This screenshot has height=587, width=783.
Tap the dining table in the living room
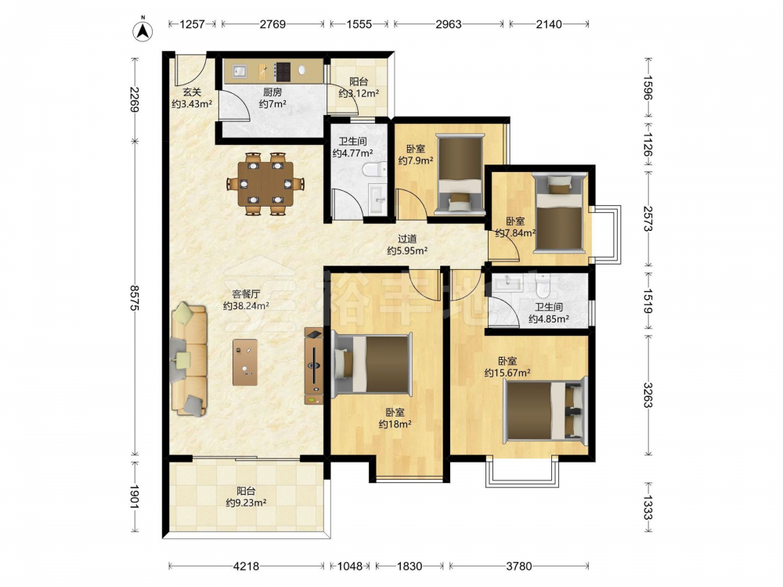[x=265, y=183]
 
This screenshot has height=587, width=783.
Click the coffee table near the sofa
[x=245, y=362]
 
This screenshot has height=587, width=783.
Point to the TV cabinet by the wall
[x=314, y=366]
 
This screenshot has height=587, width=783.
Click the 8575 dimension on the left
[x=134, y=298]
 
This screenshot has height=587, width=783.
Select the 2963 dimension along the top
[x=449, y=24]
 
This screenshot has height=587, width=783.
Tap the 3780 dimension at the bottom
[x=519, y=566]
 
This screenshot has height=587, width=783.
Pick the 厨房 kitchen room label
[x=272, y=92]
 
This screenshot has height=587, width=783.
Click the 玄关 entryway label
[x=192, y=92]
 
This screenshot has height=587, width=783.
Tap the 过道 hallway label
[x=407, y=239]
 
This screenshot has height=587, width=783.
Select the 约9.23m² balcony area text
[x=246, y=502]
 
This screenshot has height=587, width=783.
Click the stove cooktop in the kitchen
[x=283, y=71]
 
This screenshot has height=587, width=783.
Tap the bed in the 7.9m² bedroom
[x=460, y=174]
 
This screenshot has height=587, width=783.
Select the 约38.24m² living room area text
[x=246, y=306]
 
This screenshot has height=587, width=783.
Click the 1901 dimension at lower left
[x=134, y=497]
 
